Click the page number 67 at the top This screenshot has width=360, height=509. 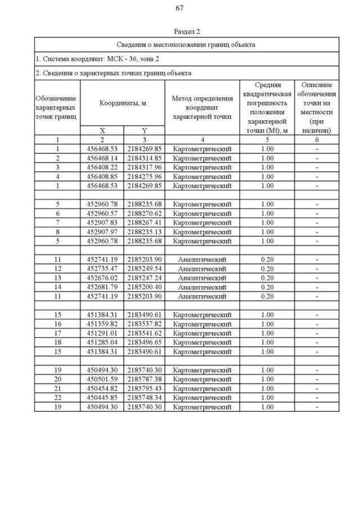point(180,8)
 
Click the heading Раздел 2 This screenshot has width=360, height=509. point(187,31)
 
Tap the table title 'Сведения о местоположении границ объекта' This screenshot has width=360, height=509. point(186,44)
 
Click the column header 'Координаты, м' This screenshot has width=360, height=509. point(123,103)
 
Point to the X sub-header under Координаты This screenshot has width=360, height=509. point(102,130)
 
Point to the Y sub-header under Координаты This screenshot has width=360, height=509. point(144,130)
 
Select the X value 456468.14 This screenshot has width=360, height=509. point(102,158)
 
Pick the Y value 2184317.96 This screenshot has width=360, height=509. point(144,167)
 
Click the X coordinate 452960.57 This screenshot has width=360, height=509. point(102,213)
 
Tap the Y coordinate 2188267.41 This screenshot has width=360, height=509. point(144,222)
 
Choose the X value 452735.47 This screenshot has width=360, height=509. point(102,269)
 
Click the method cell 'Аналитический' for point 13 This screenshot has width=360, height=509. point(202,278)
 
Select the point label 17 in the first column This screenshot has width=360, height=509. point(57,333)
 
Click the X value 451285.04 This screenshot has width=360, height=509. point(102,342)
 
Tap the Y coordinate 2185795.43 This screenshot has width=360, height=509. point(144,389)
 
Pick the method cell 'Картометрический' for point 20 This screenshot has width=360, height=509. point(202,379)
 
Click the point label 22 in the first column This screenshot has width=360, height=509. point(57,398)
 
